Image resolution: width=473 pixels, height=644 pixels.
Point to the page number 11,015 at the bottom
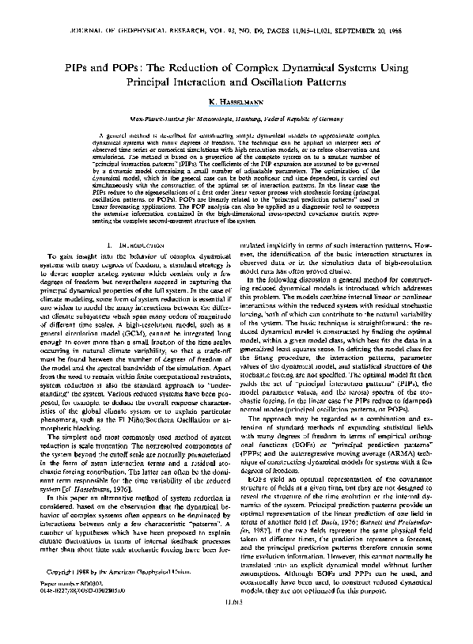pyautogui.click(x=236, y=626)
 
